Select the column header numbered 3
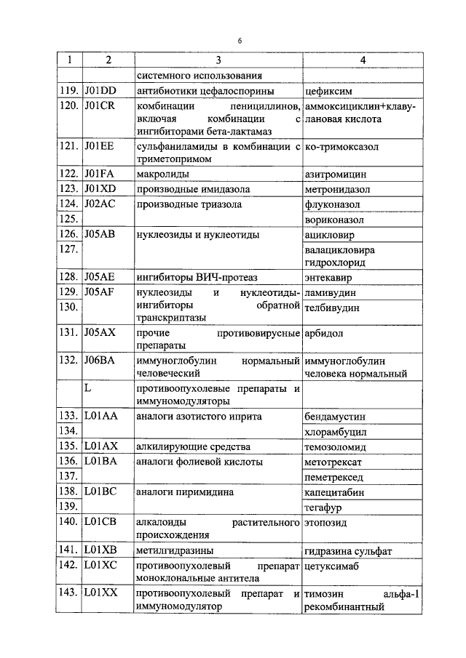[218, 61]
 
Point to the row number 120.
[68, 106]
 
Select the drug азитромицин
[336, 175]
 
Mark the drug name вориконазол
[336, 220]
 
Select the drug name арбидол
[323, 333]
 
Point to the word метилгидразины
[175, 550]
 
